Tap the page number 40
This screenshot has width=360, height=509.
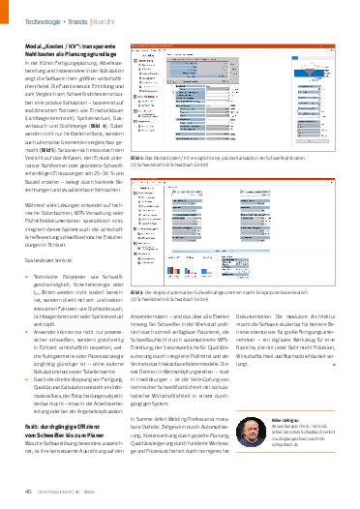[x=30, y=492]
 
